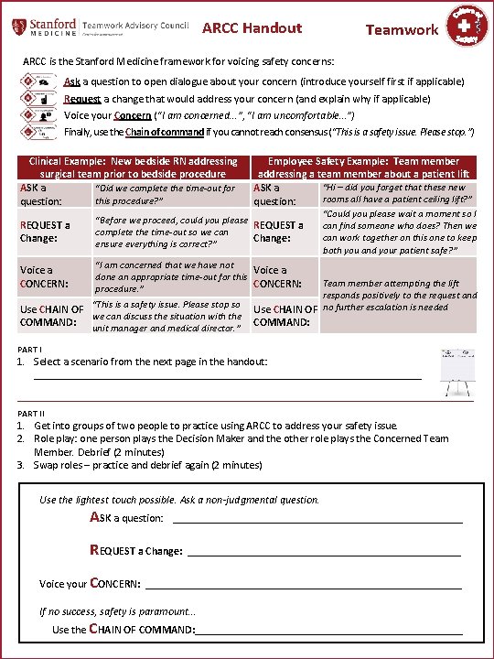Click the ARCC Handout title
(252, 28)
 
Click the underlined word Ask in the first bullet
(71, 81)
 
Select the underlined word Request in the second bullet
(81, 98)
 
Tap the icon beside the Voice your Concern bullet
(35, 115)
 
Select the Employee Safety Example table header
(363, 167)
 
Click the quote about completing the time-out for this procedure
(165, 194)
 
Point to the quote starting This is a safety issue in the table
(166, 317)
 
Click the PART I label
(31, 350)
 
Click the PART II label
(32, 413)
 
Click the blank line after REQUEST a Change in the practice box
(324, 551)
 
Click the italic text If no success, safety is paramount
(117, 611)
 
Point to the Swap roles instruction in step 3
(147, 465)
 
